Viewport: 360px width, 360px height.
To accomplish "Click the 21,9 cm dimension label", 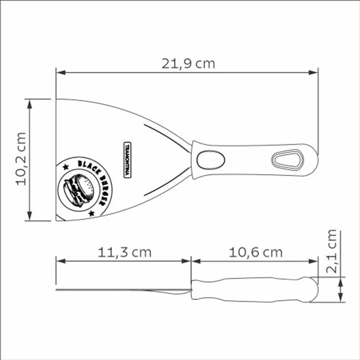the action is coord(188,64).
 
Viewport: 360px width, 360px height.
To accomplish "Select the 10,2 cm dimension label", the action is coord(21,159).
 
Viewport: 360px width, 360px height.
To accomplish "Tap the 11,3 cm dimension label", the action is coord(124,252).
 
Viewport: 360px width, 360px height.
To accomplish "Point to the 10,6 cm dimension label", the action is coord(255,252).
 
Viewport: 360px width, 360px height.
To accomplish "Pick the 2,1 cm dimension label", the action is coord(331,251).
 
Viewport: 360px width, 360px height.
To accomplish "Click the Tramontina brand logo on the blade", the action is coord(127,160).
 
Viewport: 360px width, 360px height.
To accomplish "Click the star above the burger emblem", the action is coord(66,167).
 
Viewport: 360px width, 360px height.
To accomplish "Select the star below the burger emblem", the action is coord(91,213).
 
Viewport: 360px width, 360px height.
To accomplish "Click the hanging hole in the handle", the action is coord(288,159).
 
